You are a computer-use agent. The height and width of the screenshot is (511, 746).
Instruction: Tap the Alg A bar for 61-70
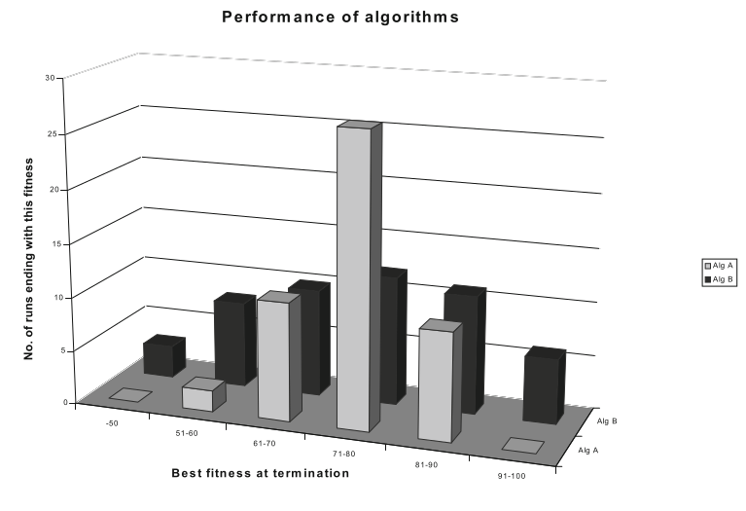(x=274, y=360)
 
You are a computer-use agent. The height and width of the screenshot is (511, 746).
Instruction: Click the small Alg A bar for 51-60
(x=197, y=399)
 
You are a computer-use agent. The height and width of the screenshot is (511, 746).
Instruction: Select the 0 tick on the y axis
(x=51, y=402)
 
